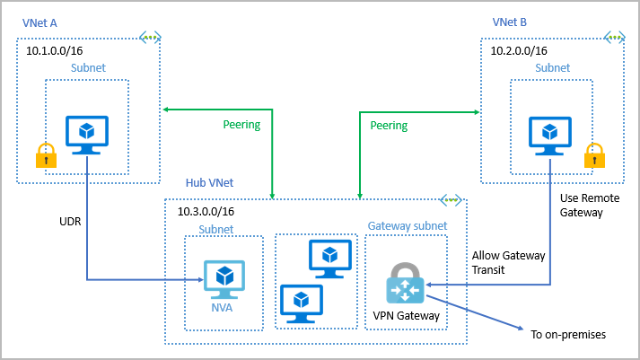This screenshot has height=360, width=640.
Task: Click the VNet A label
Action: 39,21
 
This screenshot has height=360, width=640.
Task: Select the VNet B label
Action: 510,21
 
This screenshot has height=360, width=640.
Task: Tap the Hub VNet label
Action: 209,182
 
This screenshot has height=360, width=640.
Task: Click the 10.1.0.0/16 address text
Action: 53,52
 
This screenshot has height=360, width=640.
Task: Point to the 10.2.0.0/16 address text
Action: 521,52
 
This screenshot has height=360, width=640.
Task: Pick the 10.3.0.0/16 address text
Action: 206,212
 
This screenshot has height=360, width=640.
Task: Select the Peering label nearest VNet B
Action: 389,125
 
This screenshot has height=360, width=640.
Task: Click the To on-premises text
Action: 568,335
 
